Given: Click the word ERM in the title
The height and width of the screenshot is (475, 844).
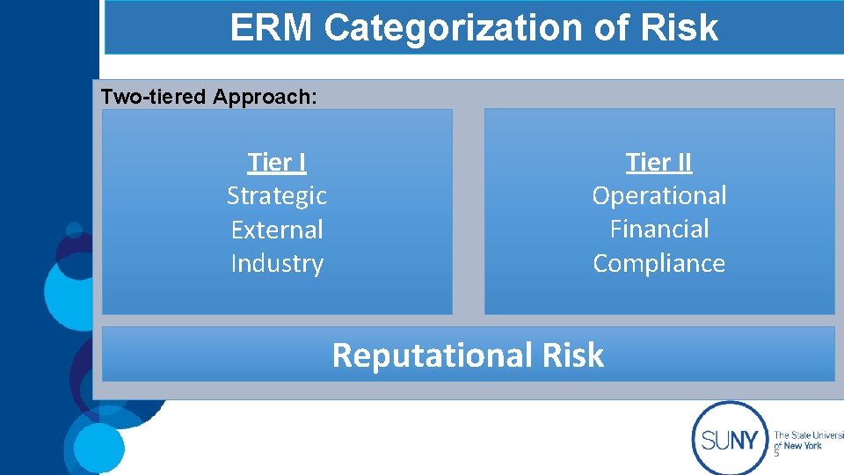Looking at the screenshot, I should [x=272, y=28].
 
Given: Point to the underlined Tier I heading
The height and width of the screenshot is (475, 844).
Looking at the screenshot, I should [x=277, y=163].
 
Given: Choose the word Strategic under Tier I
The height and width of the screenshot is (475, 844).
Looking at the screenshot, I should [x=277, y=196].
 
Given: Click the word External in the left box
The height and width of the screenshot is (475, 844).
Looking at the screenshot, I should [x=277, y=230].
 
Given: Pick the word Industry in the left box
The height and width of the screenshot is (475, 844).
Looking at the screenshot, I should [x=277, y=264].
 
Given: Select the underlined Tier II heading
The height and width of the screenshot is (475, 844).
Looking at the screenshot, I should [x=659, y=163].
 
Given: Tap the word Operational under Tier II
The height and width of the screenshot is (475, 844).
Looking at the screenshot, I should [x=659, y=196].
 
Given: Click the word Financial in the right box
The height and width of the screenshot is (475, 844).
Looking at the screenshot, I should [x=659, y=230].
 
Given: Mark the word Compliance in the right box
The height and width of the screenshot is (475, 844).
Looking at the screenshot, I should [x=659, y=264].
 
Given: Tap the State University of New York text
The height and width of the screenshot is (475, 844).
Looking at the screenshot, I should [x=807, y=440].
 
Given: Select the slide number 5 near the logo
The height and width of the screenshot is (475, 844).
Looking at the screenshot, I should [x=776, y=454].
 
